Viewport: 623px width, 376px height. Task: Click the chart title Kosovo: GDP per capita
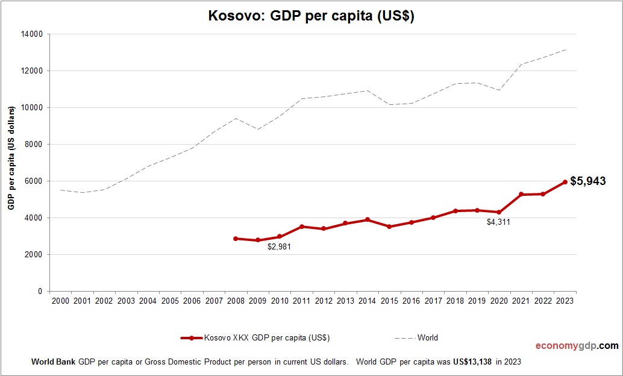311,16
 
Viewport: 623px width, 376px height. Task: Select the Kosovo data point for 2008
236,239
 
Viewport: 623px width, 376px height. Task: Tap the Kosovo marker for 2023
565,182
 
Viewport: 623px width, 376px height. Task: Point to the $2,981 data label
279,247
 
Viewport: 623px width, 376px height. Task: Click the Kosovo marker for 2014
368,220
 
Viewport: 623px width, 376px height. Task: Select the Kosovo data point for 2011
301,227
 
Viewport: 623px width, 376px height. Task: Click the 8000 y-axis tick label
34,145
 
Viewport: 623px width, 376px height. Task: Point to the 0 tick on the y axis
40,292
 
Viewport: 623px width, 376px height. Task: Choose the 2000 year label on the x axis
60,301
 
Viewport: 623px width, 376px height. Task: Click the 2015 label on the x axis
389,301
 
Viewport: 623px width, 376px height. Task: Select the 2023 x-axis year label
565,301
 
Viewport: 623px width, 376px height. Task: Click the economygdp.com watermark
577,346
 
